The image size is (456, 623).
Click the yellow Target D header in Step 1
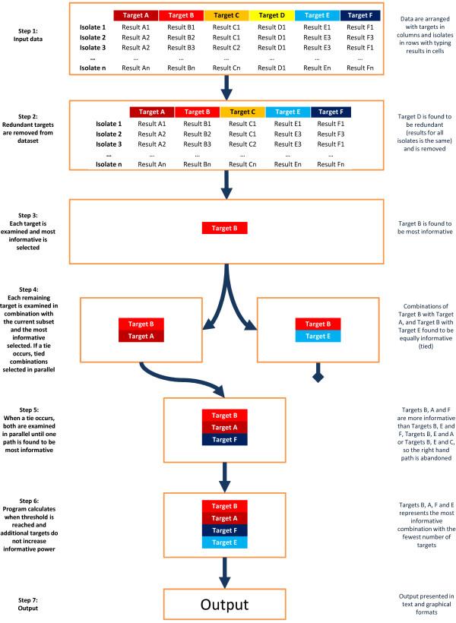[x=271, y=14]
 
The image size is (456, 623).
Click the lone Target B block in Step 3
[x=224, y=228]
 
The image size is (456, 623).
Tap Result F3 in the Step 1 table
[x=361, y=36]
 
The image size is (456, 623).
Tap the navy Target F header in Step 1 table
[x=361, y=14]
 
